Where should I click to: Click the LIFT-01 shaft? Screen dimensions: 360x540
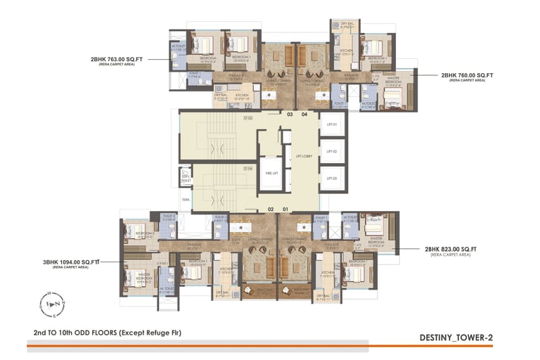(333, 124)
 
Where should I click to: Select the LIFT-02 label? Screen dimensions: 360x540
(333, 151)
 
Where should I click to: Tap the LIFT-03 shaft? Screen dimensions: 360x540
(333, 179)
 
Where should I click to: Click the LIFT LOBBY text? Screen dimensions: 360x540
(304, 156)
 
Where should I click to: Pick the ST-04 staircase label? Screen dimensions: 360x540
(247, 169)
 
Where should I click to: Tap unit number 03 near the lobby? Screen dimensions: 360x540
(289, 113)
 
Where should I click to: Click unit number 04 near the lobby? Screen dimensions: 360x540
(305, 113)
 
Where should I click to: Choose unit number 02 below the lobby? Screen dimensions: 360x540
(271, 209)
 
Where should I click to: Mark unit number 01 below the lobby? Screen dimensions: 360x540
(286, 209)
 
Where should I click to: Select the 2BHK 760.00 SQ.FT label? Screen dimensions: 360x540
(467, 75)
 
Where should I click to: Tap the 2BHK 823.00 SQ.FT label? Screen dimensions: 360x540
(451, 250)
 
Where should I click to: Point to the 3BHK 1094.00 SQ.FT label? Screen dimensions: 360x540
(72, 262)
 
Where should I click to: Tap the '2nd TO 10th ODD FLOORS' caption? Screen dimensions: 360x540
(107, 332)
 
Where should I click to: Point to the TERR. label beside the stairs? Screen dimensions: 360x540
(186, 199)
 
